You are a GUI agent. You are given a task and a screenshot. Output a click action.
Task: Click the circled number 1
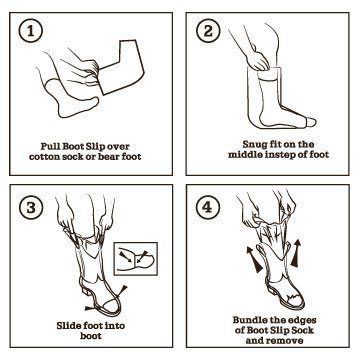(31, 32)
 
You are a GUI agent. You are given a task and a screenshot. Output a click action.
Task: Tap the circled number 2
(207, 32)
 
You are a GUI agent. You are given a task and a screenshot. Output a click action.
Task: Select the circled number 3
(31, 208)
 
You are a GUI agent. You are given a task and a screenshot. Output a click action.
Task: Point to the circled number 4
(207, 207)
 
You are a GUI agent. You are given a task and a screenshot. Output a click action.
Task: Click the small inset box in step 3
(136, 259)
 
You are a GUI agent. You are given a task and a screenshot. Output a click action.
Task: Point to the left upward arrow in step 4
(253, 259)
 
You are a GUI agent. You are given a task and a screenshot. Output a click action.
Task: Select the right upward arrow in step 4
(296, 253)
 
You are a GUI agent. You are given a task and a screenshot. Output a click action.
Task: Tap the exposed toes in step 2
(310, 122)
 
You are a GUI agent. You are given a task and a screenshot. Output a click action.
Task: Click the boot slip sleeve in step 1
(121, 67)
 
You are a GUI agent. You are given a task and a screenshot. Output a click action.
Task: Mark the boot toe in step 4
(295, 299)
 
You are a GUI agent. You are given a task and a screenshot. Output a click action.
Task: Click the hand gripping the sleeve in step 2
(257, 60)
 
